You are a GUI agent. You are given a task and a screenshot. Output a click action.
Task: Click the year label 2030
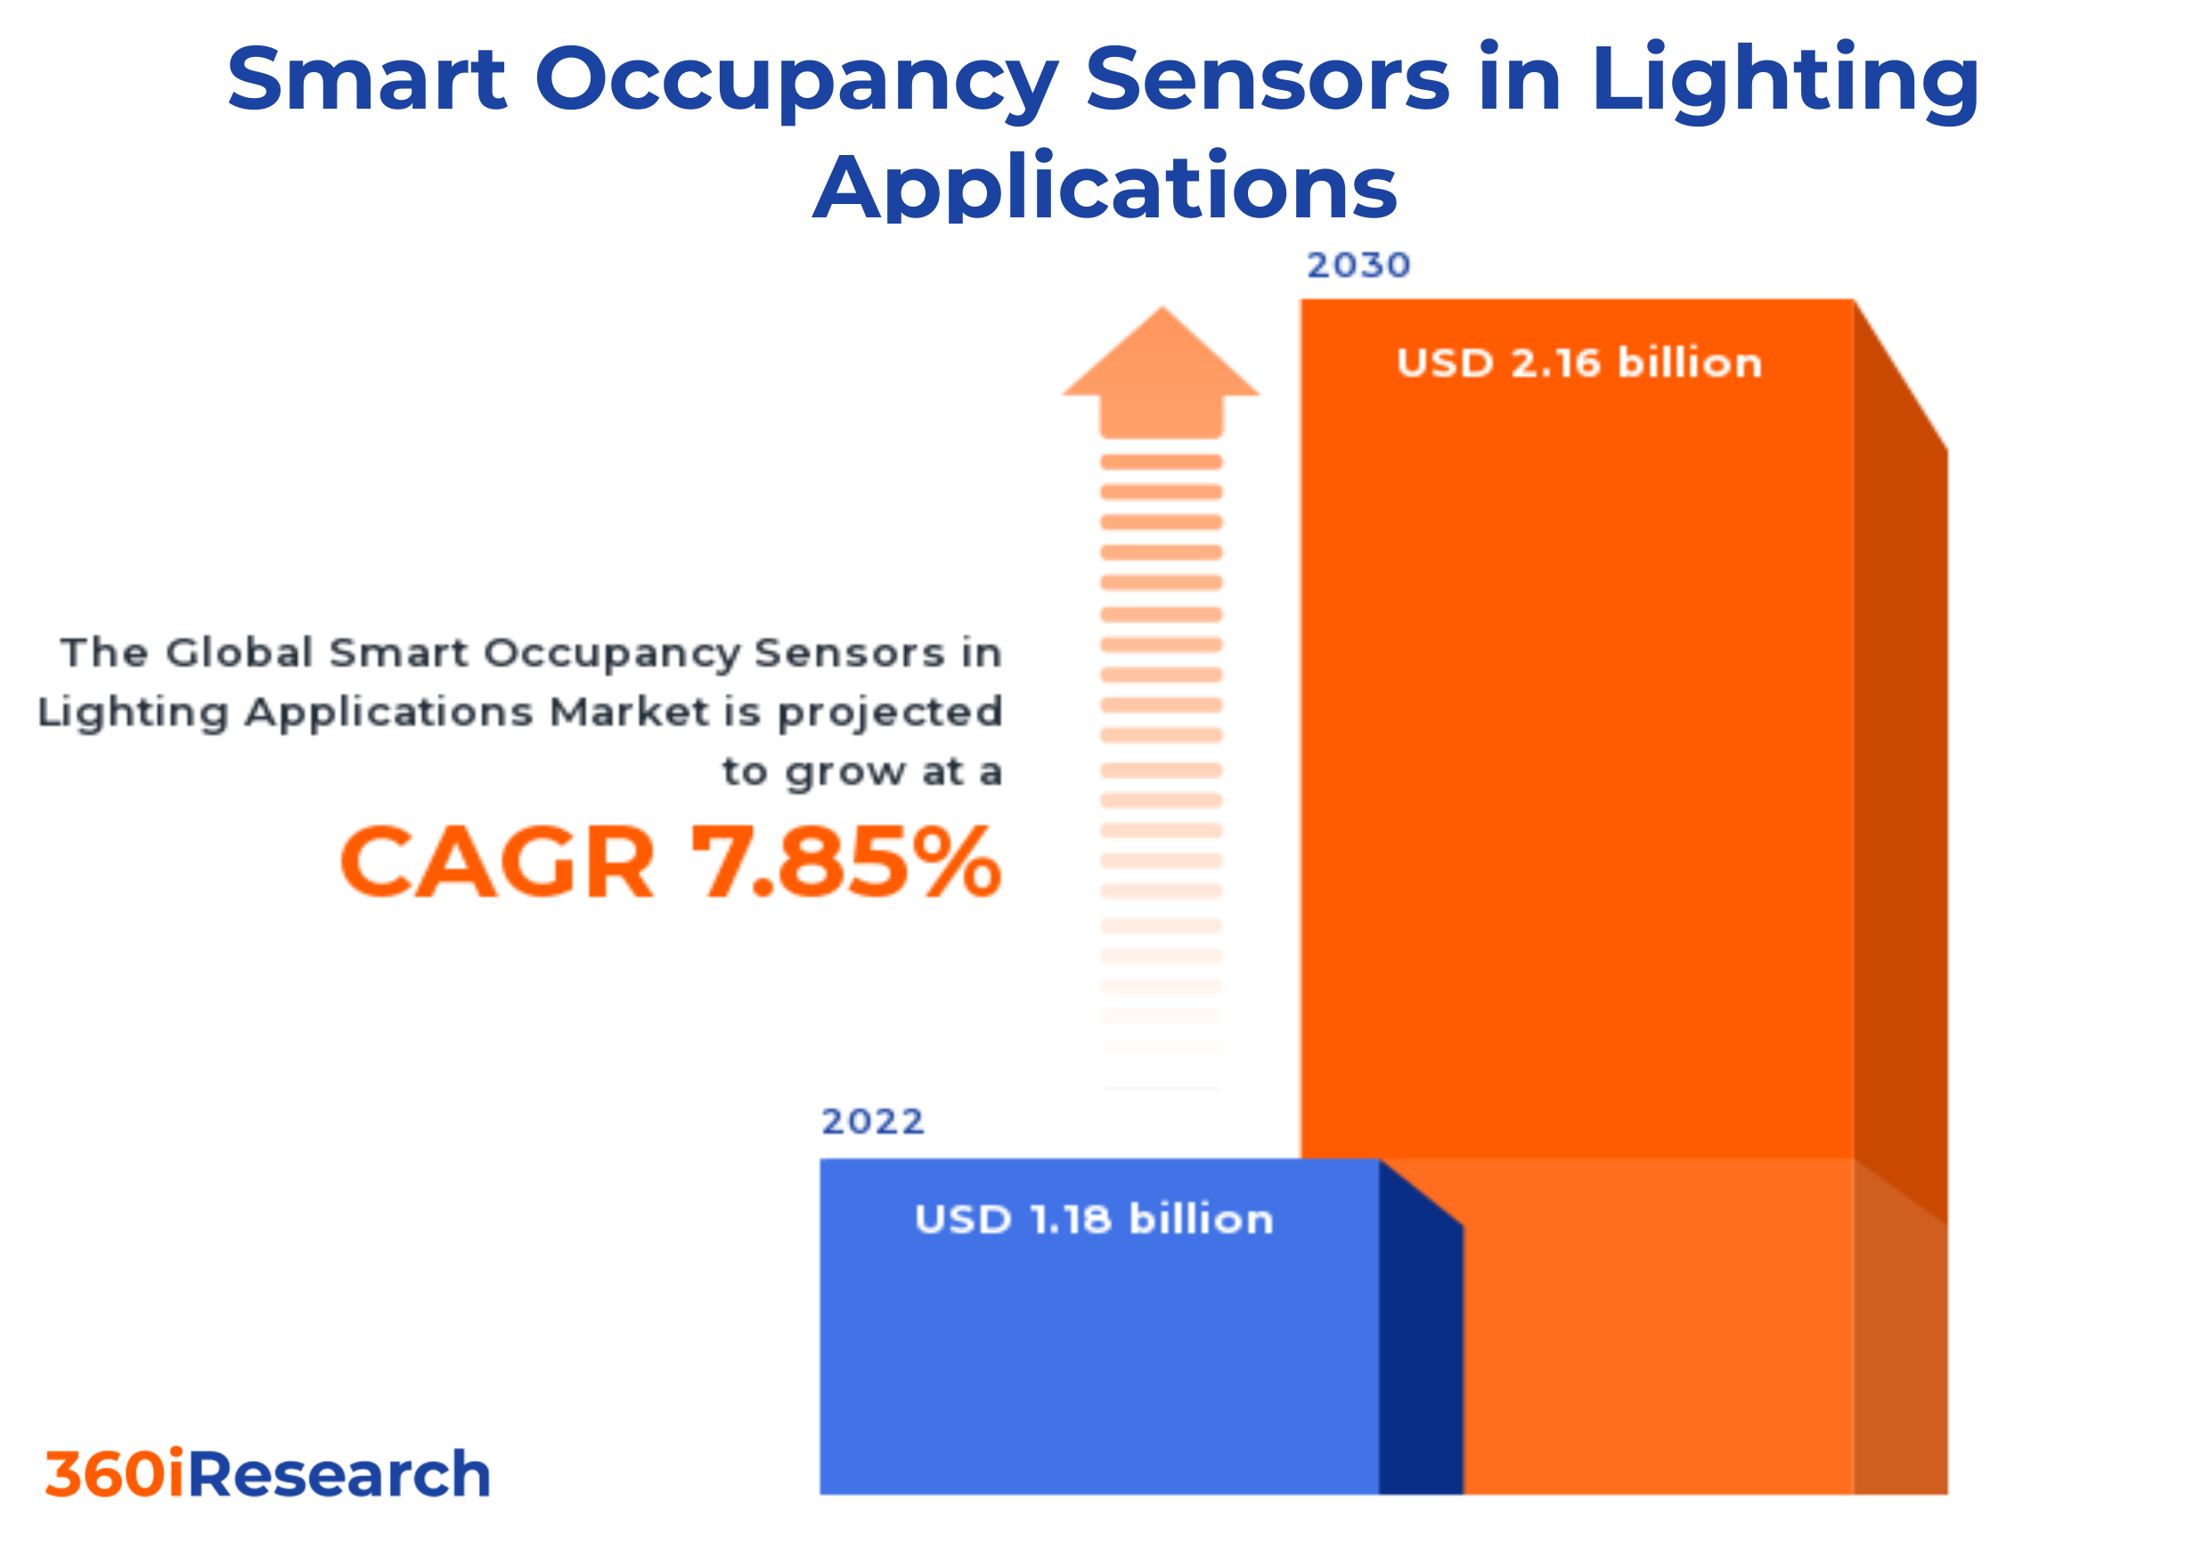point(1358,265)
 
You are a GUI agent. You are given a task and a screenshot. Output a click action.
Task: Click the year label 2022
point(872,1122)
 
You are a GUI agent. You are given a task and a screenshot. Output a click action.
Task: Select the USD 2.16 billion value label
point(1578,363)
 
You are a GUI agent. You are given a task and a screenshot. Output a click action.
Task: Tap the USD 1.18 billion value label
point(1094,1220)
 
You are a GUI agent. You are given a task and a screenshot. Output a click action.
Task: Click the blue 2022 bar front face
point(1098,1366)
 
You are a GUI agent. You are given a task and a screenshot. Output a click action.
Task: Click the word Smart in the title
point(367,79)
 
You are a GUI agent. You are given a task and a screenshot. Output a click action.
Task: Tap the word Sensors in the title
point(1267,79)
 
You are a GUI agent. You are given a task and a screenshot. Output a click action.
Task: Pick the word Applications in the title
point(1104,188)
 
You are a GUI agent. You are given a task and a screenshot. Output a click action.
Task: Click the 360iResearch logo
point(267,1474)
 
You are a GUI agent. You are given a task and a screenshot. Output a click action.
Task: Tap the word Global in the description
point(240,654)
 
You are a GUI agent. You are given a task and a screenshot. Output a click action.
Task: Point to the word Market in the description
point(630,713)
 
